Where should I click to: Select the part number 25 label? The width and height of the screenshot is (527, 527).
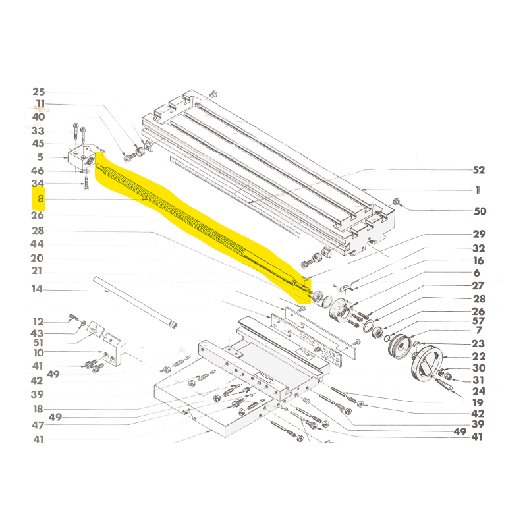click(x=39, y=92)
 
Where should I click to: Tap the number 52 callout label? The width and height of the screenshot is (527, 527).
click(x=479, y=170)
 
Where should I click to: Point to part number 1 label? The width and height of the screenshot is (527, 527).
click(x=478, y=190)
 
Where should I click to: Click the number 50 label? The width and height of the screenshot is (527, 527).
click(x=479, y=211)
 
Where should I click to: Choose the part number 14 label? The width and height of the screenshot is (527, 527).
click(x=38, y=289)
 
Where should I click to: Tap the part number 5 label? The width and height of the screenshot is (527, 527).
click(x=40, y=157)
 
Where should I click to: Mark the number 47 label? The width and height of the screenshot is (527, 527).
click(x=38, y=426)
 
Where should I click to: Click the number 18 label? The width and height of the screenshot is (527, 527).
click(x=38, y=409)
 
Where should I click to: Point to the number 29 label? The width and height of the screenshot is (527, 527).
click(x=479, y=234)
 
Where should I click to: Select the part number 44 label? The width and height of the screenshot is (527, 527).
click(x=38, y=244)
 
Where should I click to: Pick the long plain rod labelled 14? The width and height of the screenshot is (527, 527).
click(x=135, y=300)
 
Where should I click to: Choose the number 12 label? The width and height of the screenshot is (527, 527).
click(x=38, y=321)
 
